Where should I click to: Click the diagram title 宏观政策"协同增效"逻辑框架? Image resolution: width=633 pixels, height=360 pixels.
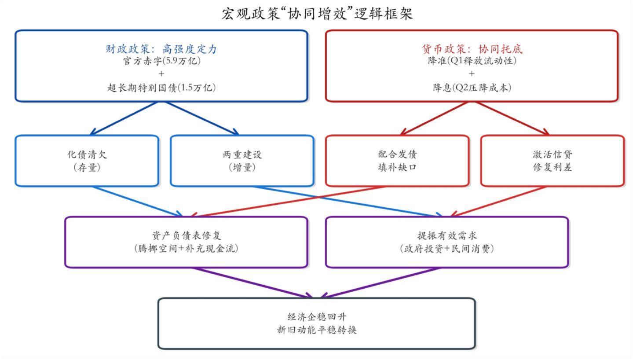pos(317,14)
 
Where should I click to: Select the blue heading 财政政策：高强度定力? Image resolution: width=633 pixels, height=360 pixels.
pos(161,49)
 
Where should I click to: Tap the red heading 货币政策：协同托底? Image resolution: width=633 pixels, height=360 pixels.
pos(471,49)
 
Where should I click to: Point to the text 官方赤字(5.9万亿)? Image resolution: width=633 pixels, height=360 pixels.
pos(161,61)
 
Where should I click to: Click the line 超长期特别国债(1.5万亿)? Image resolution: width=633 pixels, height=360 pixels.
pos(161,88)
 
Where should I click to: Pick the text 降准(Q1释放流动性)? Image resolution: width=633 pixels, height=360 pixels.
pos(471,61)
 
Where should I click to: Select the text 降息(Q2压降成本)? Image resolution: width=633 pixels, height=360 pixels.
pos(471,88)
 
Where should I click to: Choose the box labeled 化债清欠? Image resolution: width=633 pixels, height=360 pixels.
pos(87,161)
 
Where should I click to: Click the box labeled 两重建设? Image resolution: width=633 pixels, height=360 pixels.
pos(242,161)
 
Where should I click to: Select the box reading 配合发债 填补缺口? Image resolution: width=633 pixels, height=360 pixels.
pos(397,161)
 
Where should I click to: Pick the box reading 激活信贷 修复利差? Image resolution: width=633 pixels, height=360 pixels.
pos(552,161)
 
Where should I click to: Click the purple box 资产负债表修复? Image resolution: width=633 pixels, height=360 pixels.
pos(186,242)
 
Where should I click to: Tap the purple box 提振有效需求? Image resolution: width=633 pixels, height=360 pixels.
pos(446,242)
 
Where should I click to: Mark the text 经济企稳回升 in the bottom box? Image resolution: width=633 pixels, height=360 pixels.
pos(316,317)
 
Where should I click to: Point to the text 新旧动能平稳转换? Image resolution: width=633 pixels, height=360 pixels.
pos(316,330)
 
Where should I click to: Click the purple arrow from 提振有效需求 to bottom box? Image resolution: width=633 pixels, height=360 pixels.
pos(383,282)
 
